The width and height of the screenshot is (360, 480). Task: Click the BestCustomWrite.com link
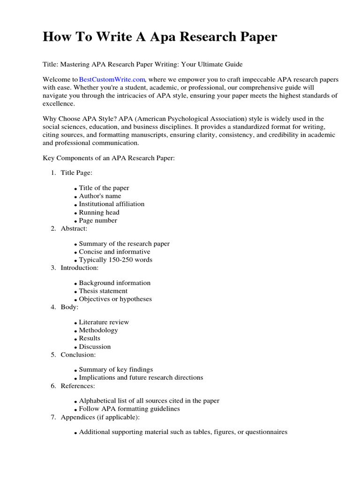click(x=112, y=80)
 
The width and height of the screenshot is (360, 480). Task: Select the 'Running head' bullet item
click(x=99, y=212)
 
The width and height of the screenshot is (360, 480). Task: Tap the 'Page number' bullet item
click(x=98, y=220)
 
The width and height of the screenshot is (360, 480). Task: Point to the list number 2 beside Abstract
click(x=53, y=228)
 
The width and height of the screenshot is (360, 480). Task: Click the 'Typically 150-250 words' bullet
click(x=115, y=260)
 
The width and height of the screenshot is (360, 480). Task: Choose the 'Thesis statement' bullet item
click(x=103, y=291)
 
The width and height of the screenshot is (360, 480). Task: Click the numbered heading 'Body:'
click(x=69, y=307)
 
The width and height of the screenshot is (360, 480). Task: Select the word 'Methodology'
click(x=98, y=330)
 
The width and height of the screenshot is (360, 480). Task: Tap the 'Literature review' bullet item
click(x=104, y=322)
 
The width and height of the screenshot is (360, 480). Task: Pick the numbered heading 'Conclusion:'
click(x=78, y=354)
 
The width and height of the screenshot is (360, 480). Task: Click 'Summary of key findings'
click(x=116, y=369)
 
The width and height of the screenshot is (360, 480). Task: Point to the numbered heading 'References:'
click(x=77, y=386)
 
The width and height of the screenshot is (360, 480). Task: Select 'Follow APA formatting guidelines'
click(x=129, y=409)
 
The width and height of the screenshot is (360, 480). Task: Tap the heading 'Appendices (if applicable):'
click(x=100, y=417)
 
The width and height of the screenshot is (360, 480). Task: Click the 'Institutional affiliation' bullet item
click(x=112, y=204)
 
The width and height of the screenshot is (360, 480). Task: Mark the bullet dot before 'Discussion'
click(x=75, y=347)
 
